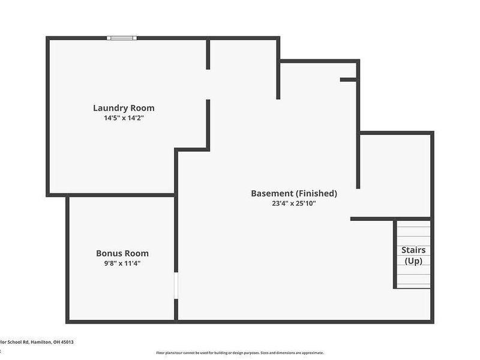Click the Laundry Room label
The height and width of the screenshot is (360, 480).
tap(124, 108)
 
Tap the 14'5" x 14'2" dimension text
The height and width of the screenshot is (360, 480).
tap(124, 119)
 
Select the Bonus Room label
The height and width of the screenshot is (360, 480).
tap(122, 253)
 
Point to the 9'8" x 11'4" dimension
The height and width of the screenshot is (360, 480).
tap(122, 263)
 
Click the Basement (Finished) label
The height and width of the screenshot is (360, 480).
tap(294, 193)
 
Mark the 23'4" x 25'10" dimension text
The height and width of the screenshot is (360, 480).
tap(294, 203)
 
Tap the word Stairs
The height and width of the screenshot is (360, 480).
tap(413, 250)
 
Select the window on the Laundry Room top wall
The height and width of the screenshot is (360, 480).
tap(122, 38)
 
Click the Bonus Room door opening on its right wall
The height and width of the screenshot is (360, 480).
tap(176, 286)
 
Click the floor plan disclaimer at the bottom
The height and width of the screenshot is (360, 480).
tap(240, 353)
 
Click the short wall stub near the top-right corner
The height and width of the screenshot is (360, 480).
tap(349, 79)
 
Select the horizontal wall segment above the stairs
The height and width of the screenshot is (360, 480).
tap(390, 218)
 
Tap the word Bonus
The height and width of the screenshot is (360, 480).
tap(109, 253)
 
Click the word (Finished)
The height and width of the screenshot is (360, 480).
tap(316, 193)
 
